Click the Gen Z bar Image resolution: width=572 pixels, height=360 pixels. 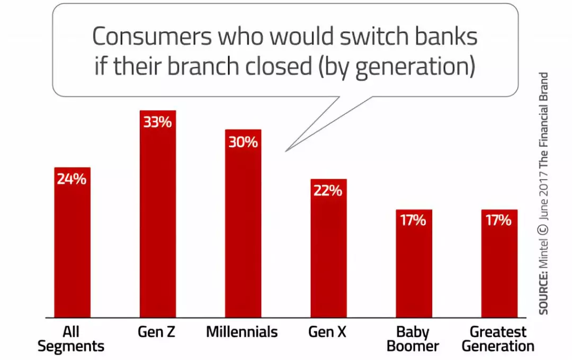click(x=158, y=214)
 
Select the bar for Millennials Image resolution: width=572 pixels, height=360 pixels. click(x=243, y=223)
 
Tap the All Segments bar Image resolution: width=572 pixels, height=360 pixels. click(x=72, y=242)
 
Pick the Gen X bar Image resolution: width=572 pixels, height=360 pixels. click(x=329, y=248)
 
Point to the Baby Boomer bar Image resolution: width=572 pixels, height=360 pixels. click(x=414, y=263)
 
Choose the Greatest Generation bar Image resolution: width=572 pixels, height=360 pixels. click(x=499, y=263)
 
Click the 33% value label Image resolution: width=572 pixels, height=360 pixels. click(x=157, y=122)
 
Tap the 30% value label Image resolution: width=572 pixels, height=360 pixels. click(x=243, y=141)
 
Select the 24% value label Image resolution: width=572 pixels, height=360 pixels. click(x=71, y=179)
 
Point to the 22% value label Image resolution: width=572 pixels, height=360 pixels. click(x=328, y=191)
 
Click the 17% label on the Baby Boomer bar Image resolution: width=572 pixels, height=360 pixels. click(x=413, y=220)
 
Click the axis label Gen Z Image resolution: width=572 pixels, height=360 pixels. click(x=156, y=331)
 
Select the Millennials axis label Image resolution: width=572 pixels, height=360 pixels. click(x=242, y=331)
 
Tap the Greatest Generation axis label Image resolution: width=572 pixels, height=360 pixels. click(x=498, y=339)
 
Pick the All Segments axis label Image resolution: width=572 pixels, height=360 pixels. click(x=71, y=339)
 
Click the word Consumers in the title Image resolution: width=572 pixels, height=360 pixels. click(x=152, y=36)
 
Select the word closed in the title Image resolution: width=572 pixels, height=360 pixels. click(x=279, y=66)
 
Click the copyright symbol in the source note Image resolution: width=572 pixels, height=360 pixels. click(x=543, y=230)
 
